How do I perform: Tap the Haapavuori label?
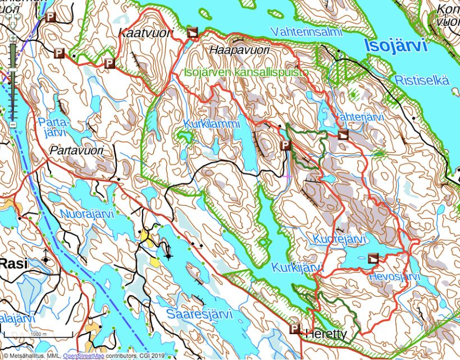239,51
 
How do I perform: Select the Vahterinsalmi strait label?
306,32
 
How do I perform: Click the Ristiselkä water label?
422,80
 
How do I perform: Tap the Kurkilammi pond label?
212,123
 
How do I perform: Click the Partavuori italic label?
74,151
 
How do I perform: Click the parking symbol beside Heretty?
294,329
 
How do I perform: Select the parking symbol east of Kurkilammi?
285,146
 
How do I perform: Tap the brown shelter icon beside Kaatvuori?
193,32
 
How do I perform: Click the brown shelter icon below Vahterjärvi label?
343,134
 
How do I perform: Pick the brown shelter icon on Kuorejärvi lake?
374,258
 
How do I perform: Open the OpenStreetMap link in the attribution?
86,355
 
